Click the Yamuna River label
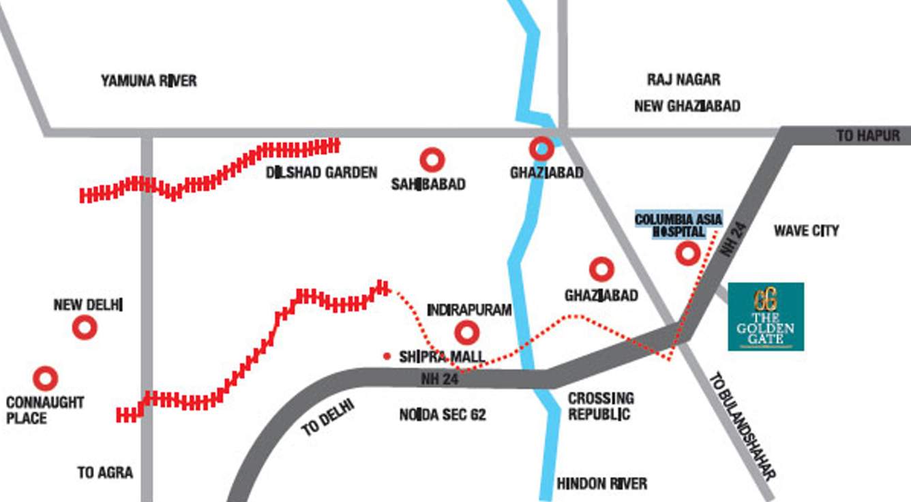pyautogui.click(x=149, y=81)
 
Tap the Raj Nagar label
pyautogui.click(x=683, y=80)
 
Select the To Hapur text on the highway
pyautogui.click(x=868, y=136)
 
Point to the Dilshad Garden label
pyautogui.click(x=322, y=172)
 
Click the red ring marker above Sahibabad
pyautogui.click(x=432, y=160)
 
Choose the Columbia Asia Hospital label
pyautogui.click(x=678, y=225)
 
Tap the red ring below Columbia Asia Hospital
pyautogui.click(x=687, y=254)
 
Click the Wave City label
pyautogui.click(x=806, y=231)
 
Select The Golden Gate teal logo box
pyautogui.click(x=766, y=317)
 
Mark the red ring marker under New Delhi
pyautogui.click(x=85, y=328)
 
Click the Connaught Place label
pyautogui.click(x=45, y=410)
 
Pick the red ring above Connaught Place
pyautogui.click(x=46, y=378)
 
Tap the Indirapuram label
pyautogui.click(x=469, y=311)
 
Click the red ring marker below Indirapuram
pyautogui.click(x=467, y=333)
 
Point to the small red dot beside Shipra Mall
pyautogui.click(x=387, y=356)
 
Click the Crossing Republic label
pyautogui.click(x=601, y=406)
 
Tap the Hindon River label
pyautogui.click(x=601, y=484)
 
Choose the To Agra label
pyautogui.click(x=105, y=473)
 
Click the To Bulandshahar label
pyautogui.click(x=744, y=426)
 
